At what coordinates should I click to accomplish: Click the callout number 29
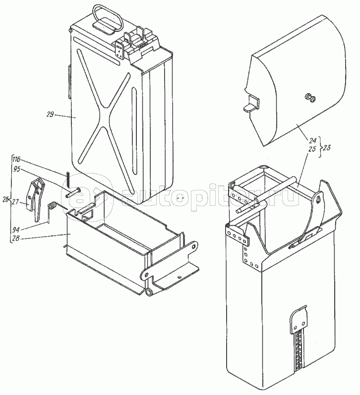[50, 114]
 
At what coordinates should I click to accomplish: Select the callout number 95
[17, 169]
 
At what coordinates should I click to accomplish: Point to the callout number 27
[15, 202]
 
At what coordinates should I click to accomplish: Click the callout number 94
[16, 230]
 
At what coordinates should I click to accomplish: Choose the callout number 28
[16, 238]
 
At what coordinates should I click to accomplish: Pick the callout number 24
[312, 140]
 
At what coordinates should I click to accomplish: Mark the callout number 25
[312, 149]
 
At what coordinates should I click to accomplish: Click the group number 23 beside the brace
[326, 147]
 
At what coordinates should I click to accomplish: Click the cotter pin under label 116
[68, 178]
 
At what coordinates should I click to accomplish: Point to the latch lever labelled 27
[35, 199]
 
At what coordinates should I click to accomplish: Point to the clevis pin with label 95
[74, 193]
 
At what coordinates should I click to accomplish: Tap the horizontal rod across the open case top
[266, 194]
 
